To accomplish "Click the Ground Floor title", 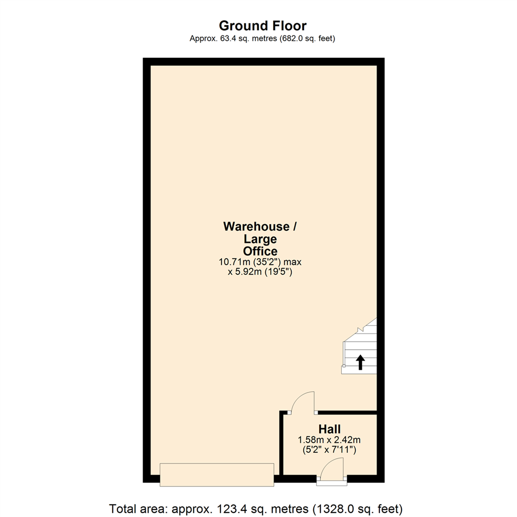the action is click(262, 26).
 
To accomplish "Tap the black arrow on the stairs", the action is click(360, 362).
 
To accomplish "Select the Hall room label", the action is click(329, 429).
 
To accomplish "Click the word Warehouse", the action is click(256, 226).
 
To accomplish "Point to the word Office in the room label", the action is click(260, 251).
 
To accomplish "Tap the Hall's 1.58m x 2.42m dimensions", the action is click(329, 440).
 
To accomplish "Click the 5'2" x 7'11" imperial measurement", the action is click(329, 450).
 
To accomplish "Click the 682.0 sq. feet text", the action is click(307, 39).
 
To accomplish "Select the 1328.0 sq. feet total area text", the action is click(358, 509).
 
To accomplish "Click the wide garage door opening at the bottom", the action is click(217, 474).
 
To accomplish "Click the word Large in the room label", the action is click(260, 239).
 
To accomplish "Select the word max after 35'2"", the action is click(293, 262).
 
